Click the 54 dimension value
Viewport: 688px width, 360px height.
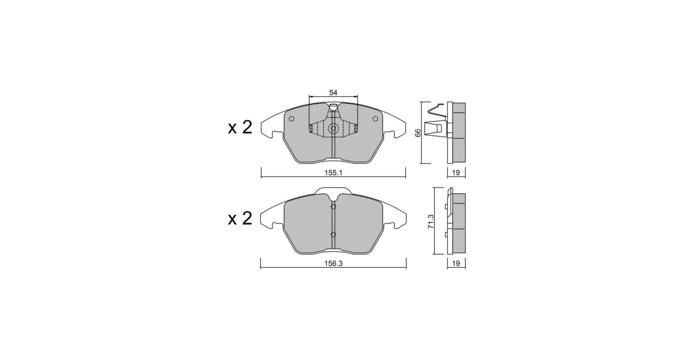coord(333,92)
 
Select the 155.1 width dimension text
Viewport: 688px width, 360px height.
coord(333,173)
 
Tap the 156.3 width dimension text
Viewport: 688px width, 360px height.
coord(333,264)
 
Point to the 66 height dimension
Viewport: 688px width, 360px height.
coord(418,133)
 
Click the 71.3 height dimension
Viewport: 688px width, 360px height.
coord(431,221)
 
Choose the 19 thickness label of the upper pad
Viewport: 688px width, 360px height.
coord(456,173)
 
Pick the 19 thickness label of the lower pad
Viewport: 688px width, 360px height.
coord(456,264)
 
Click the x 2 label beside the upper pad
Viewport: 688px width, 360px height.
coord(240,127)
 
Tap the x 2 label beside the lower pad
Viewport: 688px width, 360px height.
coord(240,218)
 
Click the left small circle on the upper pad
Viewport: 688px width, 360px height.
coord(292,119)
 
